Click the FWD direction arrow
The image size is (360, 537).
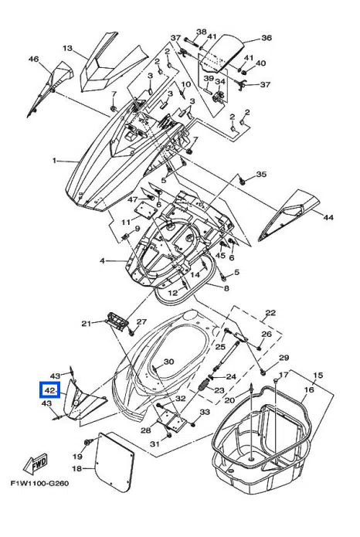36,465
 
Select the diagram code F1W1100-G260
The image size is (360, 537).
39,484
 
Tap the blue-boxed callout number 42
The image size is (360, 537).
50,390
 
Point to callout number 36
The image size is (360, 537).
267,38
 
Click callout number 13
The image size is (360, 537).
67,48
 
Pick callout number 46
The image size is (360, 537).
33,59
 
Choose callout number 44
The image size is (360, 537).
328,217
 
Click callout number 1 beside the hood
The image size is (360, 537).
54,160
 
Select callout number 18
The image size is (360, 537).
77,467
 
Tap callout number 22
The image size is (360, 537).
270,313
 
